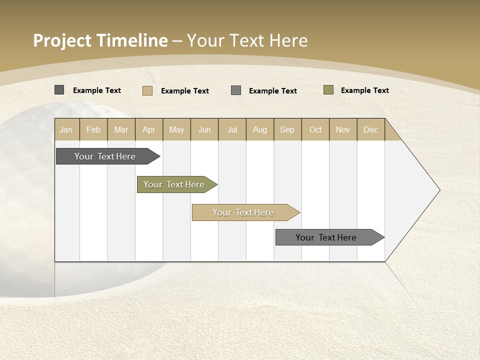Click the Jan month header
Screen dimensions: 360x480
pos(66,129)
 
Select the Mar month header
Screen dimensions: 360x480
pos(121,129)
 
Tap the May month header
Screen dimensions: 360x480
pos(176,129)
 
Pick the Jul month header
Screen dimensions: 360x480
pos(232,129)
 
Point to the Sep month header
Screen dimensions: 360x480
pos(287,129)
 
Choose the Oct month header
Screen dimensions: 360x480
pos(315,129)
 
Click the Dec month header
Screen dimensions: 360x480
pos(370,129)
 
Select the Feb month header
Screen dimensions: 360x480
pos(93,129)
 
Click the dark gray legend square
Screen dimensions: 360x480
pos(59,90)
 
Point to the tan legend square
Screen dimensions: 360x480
pos(147,90)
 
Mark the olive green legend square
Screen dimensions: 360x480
pos(328,90)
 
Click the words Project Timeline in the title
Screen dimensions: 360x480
pos(100,40)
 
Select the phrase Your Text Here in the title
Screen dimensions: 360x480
pos(247,40)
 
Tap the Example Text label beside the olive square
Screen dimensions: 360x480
pos(364,90)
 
